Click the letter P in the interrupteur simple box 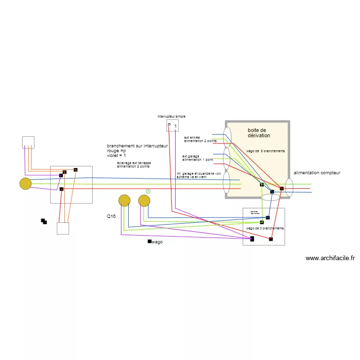coord(169,126)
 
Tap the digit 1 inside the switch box coord(175,127)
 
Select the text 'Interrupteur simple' coord(171,116)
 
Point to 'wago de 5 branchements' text coord(265,151)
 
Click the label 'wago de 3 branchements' coord(264,228)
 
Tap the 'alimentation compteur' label coord(317,172)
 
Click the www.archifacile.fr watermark coord(330,258)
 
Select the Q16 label coord(111,216)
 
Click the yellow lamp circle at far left coord(25,183)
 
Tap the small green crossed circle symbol coord(148,191)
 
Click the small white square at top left coord(28,142)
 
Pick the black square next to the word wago coord(149,241)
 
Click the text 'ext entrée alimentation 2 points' coord(200,139)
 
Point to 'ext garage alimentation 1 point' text coord(197,157)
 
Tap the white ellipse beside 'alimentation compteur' coord(289,187)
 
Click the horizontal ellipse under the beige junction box coord(270,197)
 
